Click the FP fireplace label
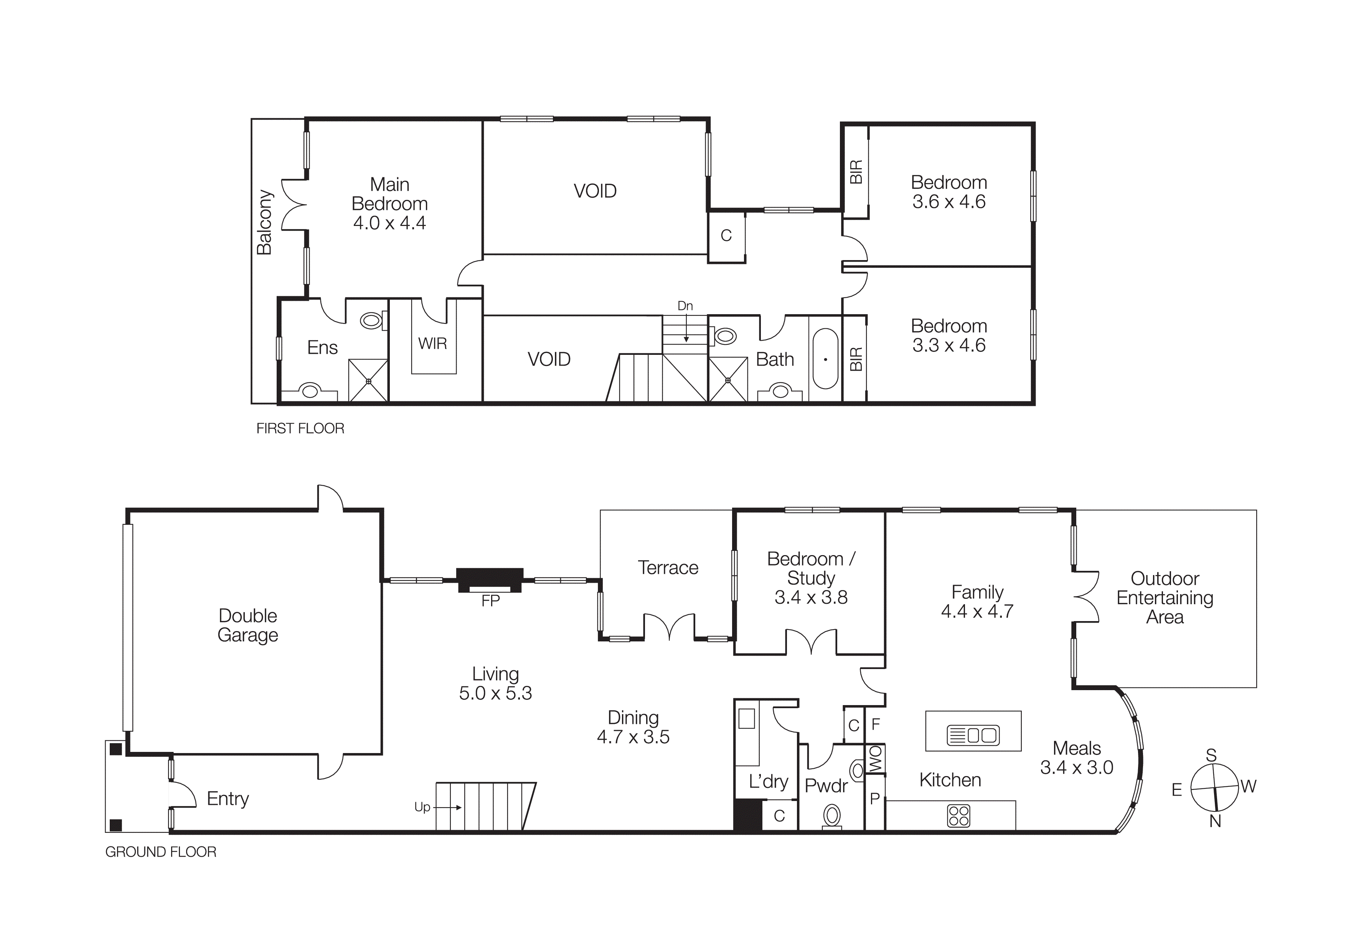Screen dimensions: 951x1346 pos(490,601)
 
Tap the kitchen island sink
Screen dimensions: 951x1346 pos(973,735)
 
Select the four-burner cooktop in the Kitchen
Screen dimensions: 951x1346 pos(958,816)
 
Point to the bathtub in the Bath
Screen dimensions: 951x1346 pos(825,359)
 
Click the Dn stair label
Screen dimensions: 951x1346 pos(685,306)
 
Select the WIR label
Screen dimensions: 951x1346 pos(433,343)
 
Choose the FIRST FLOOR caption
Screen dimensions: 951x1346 pos(300,429)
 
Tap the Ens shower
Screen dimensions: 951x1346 pos(368,381)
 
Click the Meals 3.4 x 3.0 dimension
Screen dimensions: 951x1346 pos(1076,768)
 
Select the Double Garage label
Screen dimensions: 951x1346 pos(247,625)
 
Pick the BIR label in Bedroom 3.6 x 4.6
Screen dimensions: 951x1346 pos(856,172)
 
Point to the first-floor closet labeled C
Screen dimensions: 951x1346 pos(726,236)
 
